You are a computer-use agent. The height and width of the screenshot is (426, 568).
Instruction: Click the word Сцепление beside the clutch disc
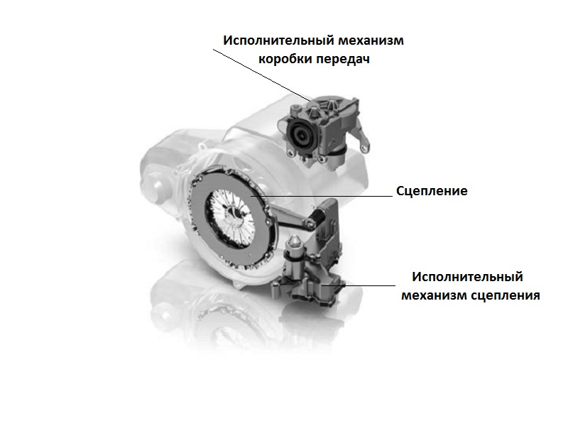point(432,191)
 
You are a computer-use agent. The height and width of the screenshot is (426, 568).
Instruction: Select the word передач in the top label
point(342,59)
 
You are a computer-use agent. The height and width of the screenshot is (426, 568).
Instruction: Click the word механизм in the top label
point(371,40)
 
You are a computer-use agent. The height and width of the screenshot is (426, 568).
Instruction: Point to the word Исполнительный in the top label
point(279,40)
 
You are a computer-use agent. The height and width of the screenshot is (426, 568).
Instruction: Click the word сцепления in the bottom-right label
point(506,295)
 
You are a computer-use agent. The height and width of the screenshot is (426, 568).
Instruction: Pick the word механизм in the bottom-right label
point(435,295)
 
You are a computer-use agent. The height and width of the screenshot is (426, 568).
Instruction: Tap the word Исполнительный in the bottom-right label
point(468,277)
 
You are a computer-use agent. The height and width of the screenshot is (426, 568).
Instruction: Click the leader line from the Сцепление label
point(322,196)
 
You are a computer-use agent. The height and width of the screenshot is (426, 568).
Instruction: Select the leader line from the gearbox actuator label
point(261,75)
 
